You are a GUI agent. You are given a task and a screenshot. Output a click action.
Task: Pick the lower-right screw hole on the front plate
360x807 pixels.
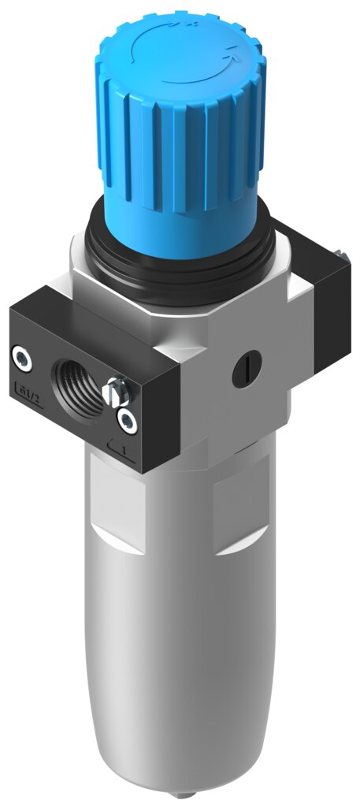point(125,420)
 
